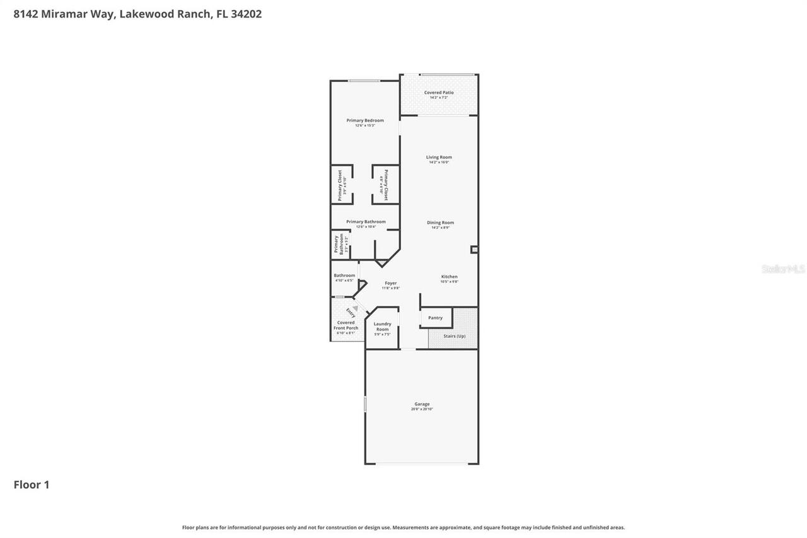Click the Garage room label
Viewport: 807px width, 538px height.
click(x=422, y=404)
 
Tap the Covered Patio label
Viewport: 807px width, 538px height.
click(x=439, y=93)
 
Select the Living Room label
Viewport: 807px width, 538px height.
click(x=439, y=157)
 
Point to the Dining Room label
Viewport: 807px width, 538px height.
click(x=440, y=223)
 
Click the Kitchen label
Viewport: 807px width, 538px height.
click(x=449, y=277)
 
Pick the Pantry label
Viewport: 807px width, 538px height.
click(x=435, y=318)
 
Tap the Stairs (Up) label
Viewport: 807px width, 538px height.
click(x=454, y=336)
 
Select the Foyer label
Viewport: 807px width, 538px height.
click(x=391, y=283)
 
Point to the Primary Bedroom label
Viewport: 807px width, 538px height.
click(x=365, y=120)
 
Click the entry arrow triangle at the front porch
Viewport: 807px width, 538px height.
click(x=355, y=308)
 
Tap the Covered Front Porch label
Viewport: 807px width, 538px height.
click(x=346, y=325)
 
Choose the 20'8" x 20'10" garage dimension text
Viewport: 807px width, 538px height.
click(x=422, y=409)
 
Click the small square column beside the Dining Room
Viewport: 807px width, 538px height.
click(x=474, y=250)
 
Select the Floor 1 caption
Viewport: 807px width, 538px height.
click(x=32, y=484)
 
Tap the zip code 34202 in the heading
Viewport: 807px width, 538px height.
click(x=247, y=14)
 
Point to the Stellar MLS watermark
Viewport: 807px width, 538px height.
click(x=784, y=269)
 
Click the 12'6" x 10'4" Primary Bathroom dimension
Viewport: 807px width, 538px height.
click(x=365, y=227)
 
